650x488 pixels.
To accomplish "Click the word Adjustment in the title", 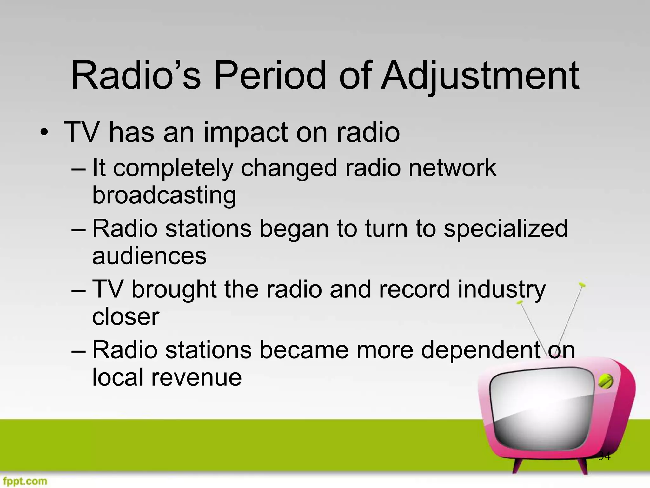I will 480,76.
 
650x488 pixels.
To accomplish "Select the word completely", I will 173,168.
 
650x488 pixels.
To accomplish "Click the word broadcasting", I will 164,195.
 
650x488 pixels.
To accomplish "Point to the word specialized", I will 505,229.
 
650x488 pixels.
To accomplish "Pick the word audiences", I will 149,256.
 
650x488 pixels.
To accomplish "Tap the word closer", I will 126,317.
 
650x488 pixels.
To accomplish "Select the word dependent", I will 480,350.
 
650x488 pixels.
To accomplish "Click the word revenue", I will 196,377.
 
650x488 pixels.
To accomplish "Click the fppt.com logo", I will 24,481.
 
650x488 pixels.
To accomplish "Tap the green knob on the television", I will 605,381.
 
